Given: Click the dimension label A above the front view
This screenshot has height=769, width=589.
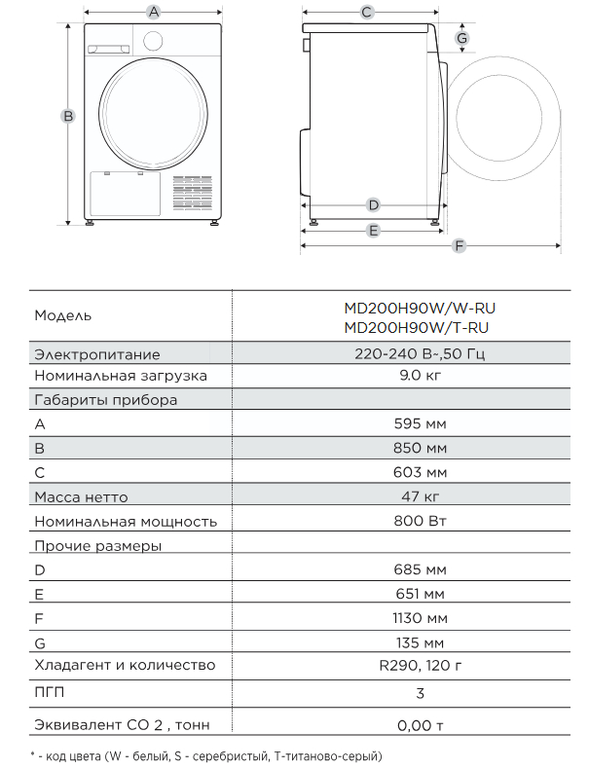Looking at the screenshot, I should click(153, 12).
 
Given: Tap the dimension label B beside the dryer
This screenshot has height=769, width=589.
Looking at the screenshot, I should click(68, 115).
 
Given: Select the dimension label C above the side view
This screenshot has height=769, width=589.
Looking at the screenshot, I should click(367, 12).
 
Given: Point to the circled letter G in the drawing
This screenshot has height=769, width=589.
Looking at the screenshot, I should click(463, 38).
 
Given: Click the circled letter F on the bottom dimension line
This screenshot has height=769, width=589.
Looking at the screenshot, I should click(460, 246).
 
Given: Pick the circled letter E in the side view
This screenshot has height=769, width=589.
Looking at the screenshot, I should click(373, 231).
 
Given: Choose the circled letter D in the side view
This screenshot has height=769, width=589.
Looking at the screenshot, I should click(373, 205).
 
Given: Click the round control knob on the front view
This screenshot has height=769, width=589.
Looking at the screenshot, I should click(153, 41).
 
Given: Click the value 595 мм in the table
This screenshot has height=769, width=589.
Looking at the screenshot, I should click(423, 424).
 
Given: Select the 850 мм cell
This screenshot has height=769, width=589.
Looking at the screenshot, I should click(423, 449).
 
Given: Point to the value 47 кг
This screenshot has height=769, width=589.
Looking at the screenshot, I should click(423, 497).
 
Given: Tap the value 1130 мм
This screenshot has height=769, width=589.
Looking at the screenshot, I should click(423, 618).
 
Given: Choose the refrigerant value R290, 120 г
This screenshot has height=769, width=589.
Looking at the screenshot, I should click(423, 666).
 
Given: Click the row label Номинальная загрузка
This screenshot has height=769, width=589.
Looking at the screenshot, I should click(121, 376).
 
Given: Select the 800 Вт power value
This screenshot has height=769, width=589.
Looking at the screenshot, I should click(423, 521).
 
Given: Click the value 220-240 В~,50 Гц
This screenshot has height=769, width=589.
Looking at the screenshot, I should click(423, 354).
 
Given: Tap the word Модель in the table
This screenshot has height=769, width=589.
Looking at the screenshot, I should click(63, 316).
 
